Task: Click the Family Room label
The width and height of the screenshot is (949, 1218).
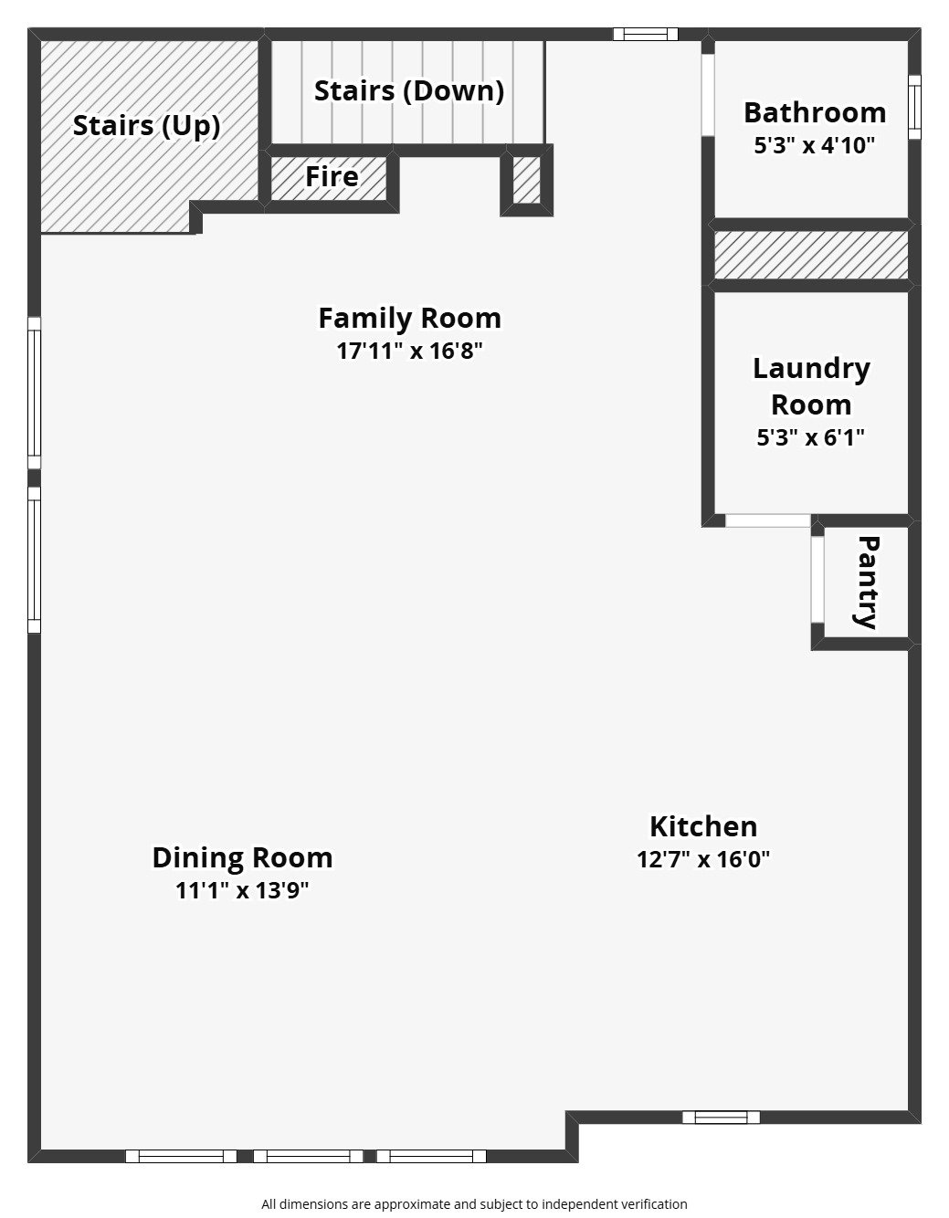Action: (x=409, y=318)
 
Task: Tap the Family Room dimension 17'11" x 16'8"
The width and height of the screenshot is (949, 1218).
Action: (x=409, y=351)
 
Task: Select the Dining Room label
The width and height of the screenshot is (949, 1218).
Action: (x=242, y=857)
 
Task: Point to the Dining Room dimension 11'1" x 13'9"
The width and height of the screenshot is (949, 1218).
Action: (x=242, y=890)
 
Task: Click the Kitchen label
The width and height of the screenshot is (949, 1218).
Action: (x=703, y=826)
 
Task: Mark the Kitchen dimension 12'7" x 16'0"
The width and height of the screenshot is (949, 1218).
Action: (x=703, y=859)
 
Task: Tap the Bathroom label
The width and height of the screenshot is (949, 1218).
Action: (x=814, y=112)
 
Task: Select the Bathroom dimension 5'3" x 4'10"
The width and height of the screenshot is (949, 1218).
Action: (x=814, y=145)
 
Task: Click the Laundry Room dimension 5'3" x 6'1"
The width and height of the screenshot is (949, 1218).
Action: (x=810, y=437)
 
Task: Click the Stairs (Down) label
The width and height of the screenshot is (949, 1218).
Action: (x=409, y=90)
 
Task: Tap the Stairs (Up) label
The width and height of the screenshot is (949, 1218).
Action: (x=146, y=125)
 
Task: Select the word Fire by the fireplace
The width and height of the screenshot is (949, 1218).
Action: (x=332, y=176)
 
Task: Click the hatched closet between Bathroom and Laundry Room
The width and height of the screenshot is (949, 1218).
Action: (x=810, y=255)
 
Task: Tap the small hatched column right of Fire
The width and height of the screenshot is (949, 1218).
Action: (x=526, y=181)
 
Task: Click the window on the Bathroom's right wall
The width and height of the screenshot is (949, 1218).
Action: (x=914, y=107)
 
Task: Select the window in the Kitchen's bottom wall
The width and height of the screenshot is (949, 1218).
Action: (x=721, y=1117)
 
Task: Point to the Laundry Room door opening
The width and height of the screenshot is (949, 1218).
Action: (x=767, y=520)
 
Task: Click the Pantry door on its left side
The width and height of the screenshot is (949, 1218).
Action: (x=818, y=581)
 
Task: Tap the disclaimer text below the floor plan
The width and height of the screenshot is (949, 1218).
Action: (x=474, y=1204)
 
